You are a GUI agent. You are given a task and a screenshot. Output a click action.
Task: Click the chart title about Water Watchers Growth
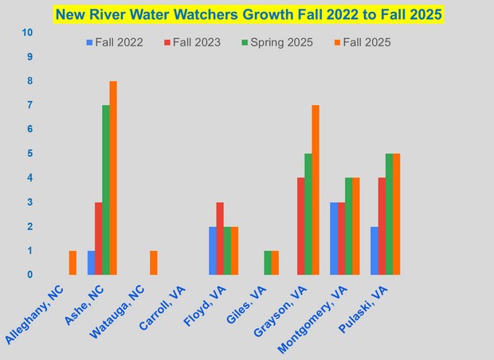coord(248,14)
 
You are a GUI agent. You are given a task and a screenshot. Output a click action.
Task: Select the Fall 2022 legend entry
coord(115,42)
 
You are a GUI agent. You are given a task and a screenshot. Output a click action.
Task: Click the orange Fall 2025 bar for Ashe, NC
coord(113,178)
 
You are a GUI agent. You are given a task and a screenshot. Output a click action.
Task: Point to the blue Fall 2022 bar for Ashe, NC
coord(92,263)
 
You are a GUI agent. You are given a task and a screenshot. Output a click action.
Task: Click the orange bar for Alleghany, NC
coord(73,263)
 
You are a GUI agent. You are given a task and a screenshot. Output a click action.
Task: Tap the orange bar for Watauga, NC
coord(154,263)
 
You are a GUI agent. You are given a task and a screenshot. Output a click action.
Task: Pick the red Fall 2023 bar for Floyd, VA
coord(220,238)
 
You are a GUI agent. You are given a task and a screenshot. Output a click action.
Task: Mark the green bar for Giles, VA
coord(268,263)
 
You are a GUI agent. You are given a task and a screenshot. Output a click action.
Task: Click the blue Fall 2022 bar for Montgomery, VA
coord(335,238)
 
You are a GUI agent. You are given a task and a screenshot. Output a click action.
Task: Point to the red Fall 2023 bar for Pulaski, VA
coord(382,226)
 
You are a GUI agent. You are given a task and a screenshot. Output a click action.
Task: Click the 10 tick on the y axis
coord(28,33)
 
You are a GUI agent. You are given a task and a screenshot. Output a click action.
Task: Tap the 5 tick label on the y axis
coord(29,154)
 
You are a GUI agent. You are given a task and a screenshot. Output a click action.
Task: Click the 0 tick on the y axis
coord(29,275)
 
